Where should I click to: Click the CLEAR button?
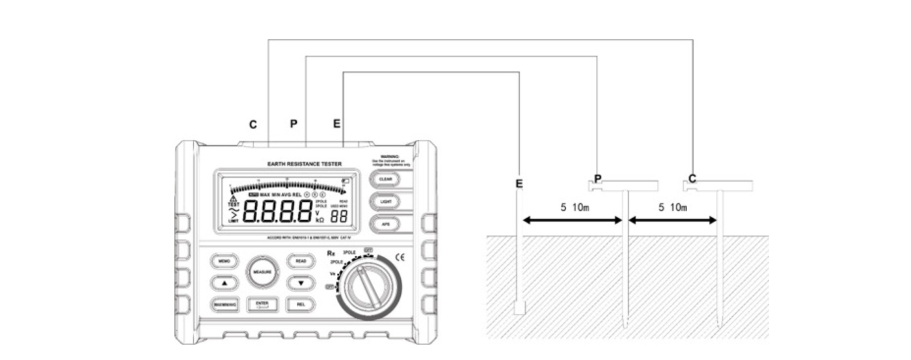(x=385, y=177)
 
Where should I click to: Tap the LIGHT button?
(x=385, y=201)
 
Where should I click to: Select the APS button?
(x=385, y=225)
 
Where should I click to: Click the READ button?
(x=301, y=260)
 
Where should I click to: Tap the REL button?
(x=301, y=304)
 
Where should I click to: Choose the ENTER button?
(x=262, y=304)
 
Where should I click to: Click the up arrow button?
(x=223, y=283)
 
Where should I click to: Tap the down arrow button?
(x=301, y=283)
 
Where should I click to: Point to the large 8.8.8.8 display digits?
(x=278, y=212)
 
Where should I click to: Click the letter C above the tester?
(x=253, y=124)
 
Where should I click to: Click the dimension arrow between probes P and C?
(x=672, y=221)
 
